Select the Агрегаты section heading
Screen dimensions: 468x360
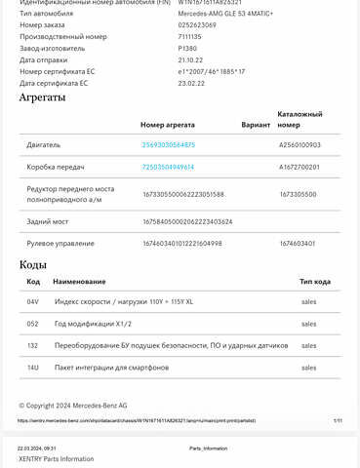coord(43,97)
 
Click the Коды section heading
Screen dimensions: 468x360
coord(33,265)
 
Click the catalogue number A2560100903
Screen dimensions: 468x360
coord(300,145)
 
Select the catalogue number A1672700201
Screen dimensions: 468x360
coord(300,167)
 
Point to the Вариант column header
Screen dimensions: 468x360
coord(256,125)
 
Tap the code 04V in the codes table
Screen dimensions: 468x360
coord(33,302)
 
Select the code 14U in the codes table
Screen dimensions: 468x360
coord(33,368)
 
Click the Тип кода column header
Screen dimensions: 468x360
coord(315,281)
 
